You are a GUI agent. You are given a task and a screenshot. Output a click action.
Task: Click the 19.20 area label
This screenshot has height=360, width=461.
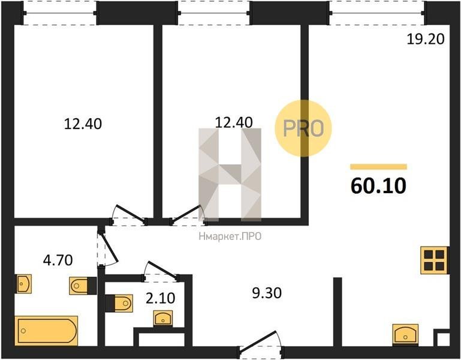click(x=426, y=39)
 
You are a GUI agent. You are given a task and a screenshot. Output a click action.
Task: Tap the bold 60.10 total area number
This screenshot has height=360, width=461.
click(x=379, y=186)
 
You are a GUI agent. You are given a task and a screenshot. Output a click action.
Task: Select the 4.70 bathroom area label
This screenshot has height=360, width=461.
click(x=58, y=260)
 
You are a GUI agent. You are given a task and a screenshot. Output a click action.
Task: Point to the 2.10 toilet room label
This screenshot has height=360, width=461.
click(x=161, y=298)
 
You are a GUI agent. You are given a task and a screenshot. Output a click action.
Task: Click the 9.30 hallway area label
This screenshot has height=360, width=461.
click(x=267, y=293)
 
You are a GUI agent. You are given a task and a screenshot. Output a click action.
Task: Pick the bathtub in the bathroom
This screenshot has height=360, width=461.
click(x=46, y=331)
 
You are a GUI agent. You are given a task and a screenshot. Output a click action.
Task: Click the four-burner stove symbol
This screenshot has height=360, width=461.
click(x=434, y=260)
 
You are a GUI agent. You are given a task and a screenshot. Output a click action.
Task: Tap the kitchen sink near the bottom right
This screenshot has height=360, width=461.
click(x=405, y=334)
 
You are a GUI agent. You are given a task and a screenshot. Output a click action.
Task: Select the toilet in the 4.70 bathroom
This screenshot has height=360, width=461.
click(x=83, y=286)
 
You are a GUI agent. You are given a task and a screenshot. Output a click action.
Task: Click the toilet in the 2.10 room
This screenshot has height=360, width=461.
click(x=119, y=303)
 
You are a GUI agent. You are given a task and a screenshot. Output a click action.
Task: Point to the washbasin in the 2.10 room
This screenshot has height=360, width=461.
click(x=163, y=319)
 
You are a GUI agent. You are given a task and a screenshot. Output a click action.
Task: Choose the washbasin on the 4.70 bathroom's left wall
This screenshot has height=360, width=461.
click(x=23, y=284)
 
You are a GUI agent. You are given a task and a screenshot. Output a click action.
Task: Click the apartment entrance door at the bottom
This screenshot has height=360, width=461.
click(x=261, y=343)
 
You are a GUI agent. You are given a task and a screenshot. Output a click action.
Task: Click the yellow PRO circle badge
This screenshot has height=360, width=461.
click(x=303, y=128)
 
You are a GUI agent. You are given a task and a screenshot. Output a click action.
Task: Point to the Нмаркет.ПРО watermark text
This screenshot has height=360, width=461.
click(x=230, y=236)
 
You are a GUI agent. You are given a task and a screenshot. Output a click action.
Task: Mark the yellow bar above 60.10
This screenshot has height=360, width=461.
click(x=378, y=167)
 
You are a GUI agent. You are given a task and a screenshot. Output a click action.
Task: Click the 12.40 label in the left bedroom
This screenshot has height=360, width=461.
click(x=83, y=124)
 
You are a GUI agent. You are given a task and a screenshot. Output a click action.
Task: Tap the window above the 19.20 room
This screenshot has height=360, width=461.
click(x=378, y=13)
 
